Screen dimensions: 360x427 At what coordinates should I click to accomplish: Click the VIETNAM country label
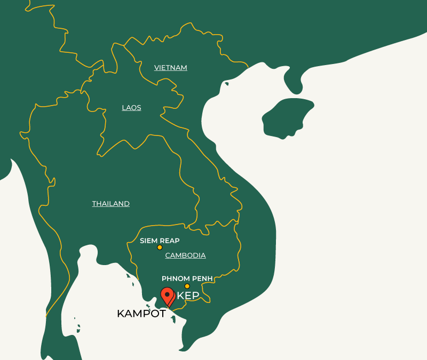[x=171, y=68]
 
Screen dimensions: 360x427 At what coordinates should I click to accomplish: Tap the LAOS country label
[x=131, y=108]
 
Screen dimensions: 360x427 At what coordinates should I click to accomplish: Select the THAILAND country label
[x=110, y=204]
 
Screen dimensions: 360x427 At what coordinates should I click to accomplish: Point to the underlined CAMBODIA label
[x=185, y=255]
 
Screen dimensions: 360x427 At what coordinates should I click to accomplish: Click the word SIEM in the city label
[x=148, y=241]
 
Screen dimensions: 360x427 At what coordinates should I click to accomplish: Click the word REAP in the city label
[x=170, y=241]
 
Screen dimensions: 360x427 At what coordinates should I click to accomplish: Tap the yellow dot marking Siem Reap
[x=160, y=247]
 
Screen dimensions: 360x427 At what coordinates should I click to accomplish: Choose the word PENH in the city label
[x=203, y=278]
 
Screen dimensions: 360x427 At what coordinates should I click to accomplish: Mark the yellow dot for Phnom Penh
[x=187, y=286]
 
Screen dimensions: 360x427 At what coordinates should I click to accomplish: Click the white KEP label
[x=188, y=296]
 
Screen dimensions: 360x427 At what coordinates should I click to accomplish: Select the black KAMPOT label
[x=141, y=314]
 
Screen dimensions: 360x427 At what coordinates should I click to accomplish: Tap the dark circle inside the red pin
[x=168, y=294]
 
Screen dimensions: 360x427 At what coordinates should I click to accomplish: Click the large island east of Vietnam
[x=286, y=118]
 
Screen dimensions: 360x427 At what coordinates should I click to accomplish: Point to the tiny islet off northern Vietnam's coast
[x=227, y=84]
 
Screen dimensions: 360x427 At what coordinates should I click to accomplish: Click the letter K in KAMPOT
[x=121, y=314]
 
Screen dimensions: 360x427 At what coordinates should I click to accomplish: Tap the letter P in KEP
[x=195, y=296]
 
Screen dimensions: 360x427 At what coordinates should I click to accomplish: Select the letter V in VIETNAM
[x=156, y=68]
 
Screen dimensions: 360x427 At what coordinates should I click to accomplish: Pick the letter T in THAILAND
[x=94, y=204]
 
